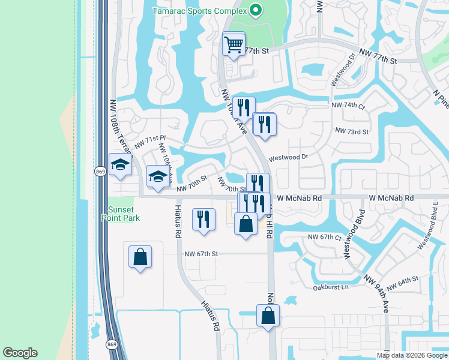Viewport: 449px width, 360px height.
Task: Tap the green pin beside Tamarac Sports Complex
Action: (255, 10)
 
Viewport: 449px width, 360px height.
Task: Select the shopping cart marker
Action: (234, 44)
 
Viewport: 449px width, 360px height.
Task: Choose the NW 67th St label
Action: (200, 254)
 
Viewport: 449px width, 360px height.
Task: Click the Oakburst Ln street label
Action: (331, 287)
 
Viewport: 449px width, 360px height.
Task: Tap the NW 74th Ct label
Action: (348, 106)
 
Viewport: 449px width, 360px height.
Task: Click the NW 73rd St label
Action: (352, 130)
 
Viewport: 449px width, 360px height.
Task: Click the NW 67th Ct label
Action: (324, 237)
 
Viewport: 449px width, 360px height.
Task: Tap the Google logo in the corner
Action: (20, 353)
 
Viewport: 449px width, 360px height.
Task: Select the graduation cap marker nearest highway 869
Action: (120, 165)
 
